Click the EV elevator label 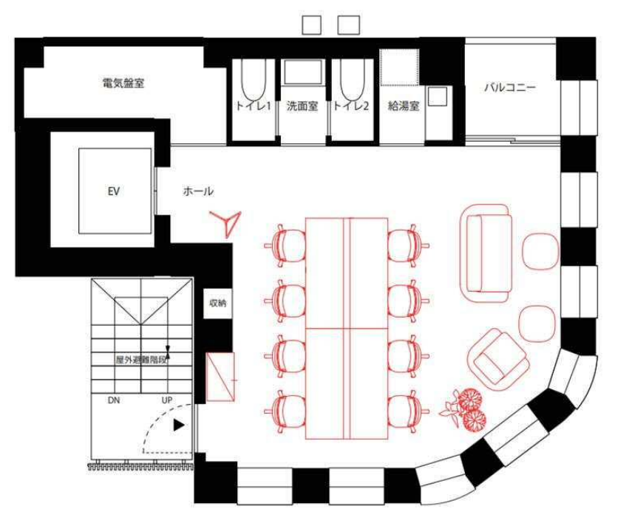click(114, 192)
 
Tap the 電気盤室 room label click(123, 83)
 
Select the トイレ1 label click(253, 106)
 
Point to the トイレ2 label click(351, 106)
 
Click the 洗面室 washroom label click(302, 106)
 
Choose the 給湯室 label click(403, 106)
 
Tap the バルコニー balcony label click(510, 87)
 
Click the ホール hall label click(198, 191)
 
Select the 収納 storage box click(217, 304)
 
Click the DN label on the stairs click(114, 400)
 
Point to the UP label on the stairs click(167, 400)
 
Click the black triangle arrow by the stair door click(180, 425)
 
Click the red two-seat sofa click(486, 253)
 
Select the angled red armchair click(500, 359)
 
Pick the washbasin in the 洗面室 click(302, 72)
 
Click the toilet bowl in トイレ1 click(253, 80)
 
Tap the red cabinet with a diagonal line click(221, 377)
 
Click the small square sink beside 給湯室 click(438, 97)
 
